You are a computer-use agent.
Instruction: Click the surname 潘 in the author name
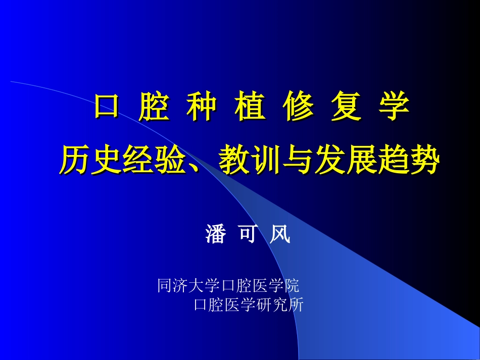(216, 234)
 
